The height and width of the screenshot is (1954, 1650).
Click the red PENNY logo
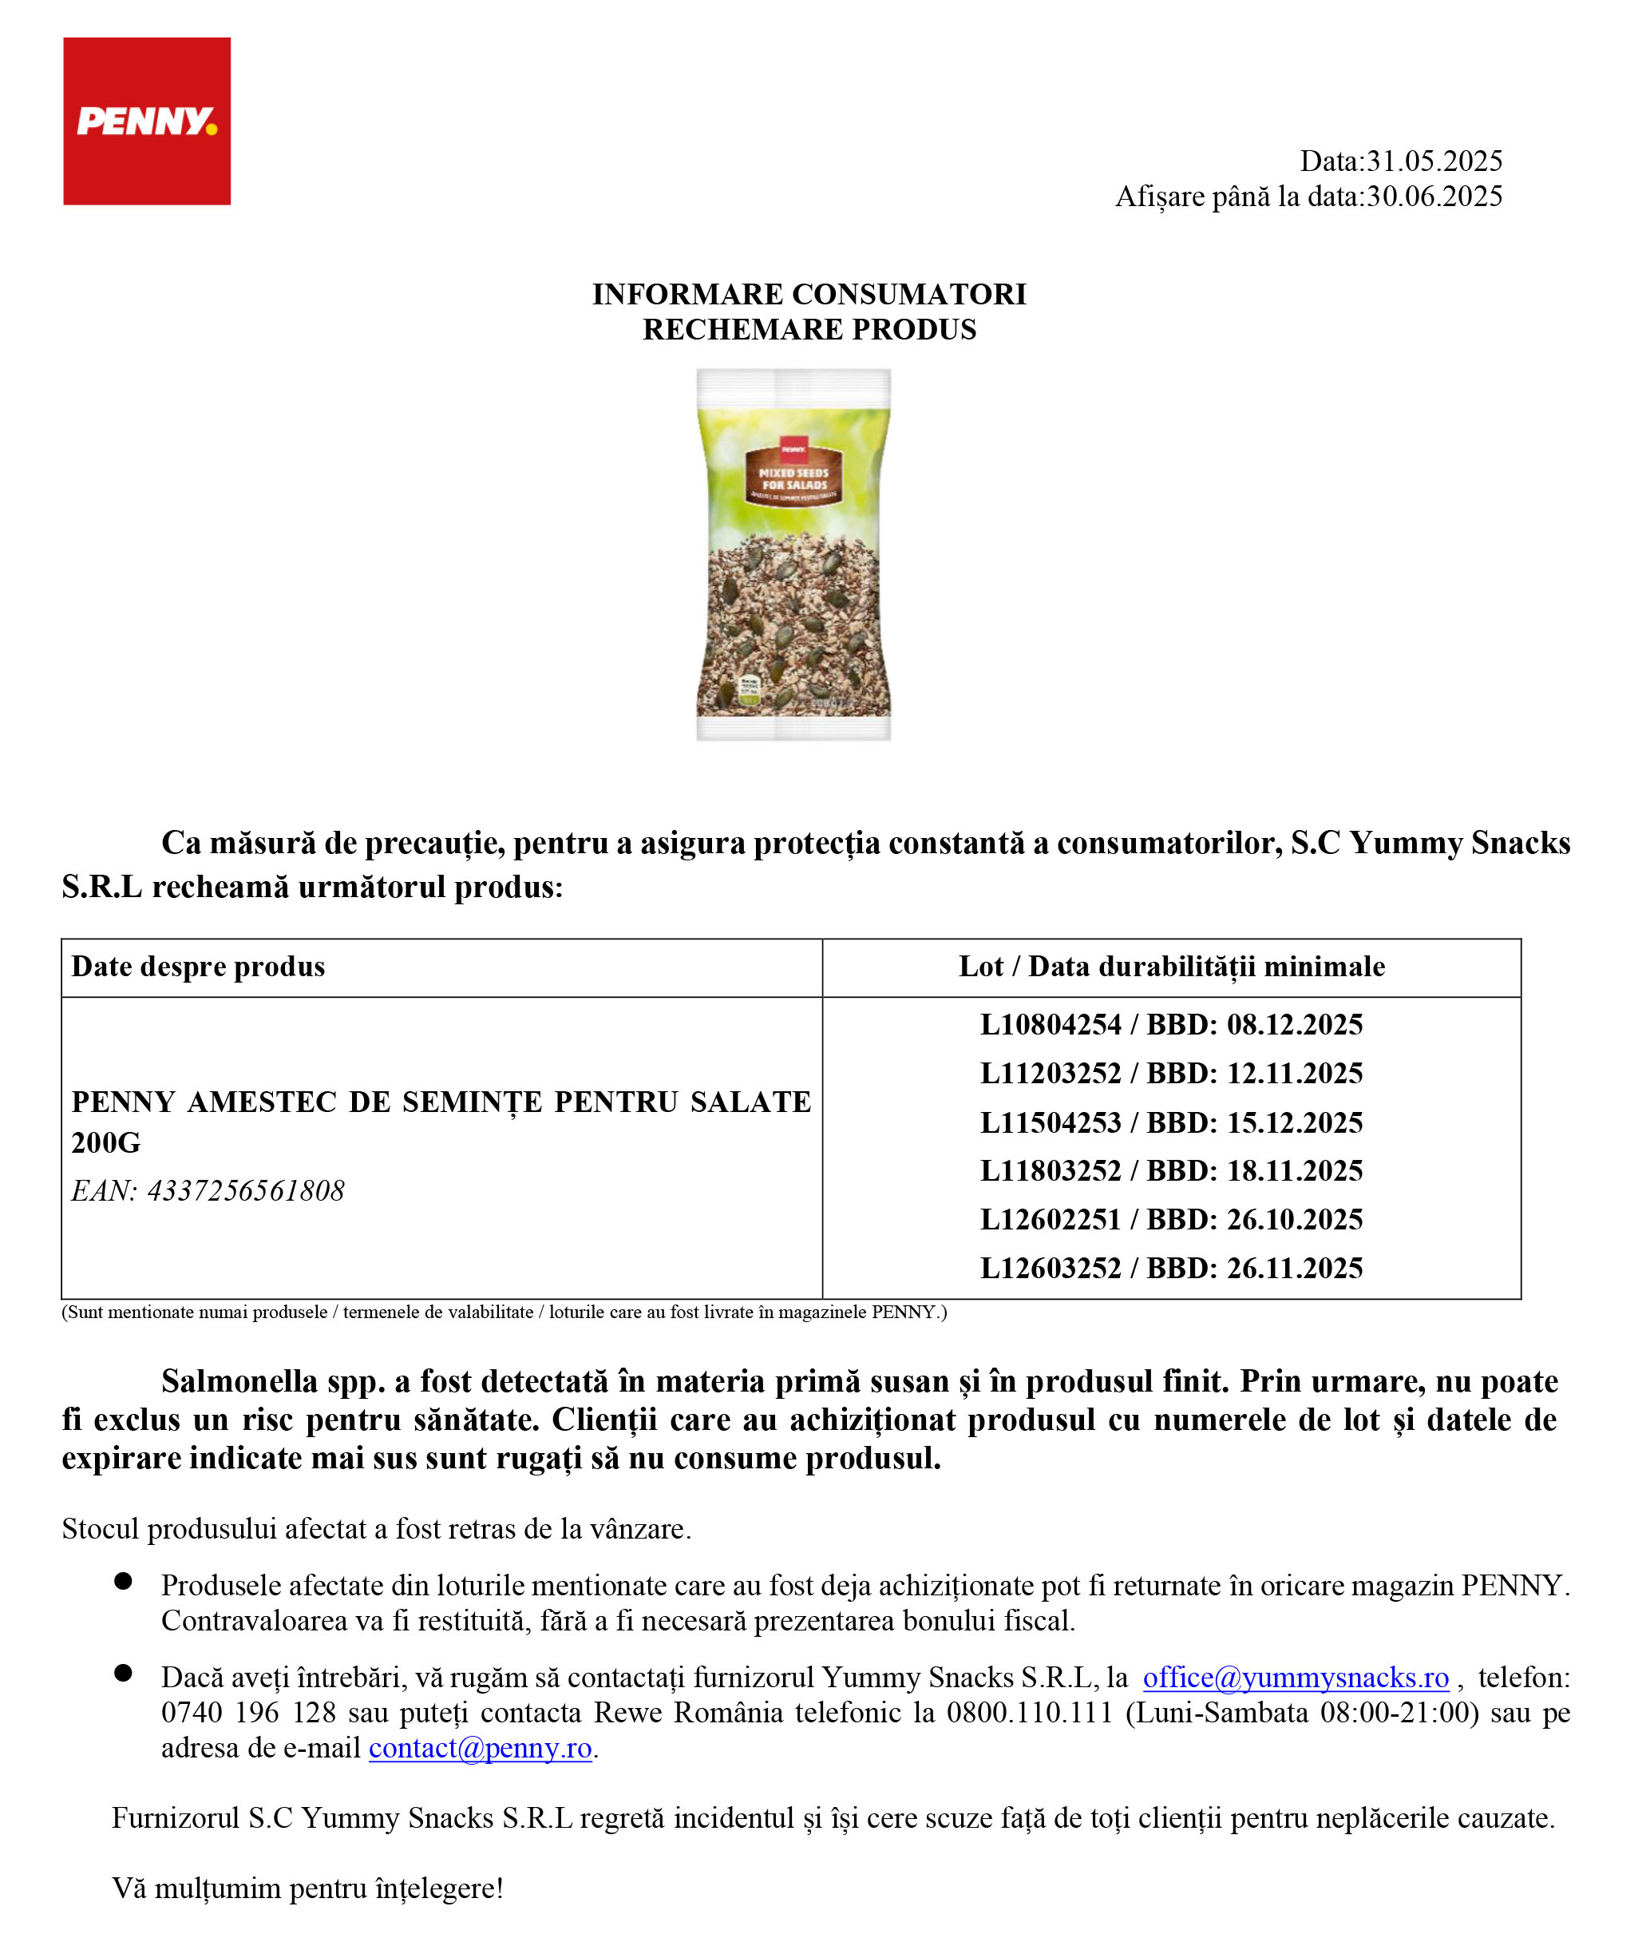pyautogui.click(x=147, y=121)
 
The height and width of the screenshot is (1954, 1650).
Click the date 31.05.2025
pyautogui.click(x=1434, y=161)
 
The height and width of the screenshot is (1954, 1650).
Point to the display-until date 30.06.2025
pyautogui.click(x=1434, y=197)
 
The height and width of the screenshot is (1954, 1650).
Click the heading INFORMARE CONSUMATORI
pyautogui.click(x=809, y=294)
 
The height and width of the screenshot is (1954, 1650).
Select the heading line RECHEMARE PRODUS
pyautogui.click(x=809, y=329)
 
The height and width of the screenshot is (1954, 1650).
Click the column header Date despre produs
pyautogui.click(x=198, y=967)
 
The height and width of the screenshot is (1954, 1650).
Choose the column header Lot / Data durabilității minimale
pyautogui.click(x=1171, y=967)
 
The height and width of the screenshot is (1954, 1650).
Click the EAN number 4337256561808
pyautogui.click(x=246, y=1190)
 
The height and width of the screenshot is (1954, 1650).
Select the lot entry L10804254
pyautogui.click(x=1050, y=1025)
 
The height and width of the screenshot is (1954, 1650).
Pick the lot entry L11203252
pyautogui.click(x=1050, y=1074)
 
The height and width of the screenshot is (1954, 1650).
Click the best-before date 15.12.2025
pyautogui.click(x=1295, y=1122)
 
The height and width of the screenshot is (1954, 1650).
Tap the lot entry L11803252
pyautogui.click(x=1050, y=1170)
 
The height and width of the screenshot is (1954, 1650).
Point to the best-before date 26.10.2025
pyautogui.click(x=1295, y=1219)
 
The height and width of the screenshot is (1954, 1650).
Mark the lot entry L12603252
pyautogui.click(x=1050, y=1268)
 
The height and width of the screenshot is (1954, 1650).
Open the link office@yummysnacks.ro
pyautogui.click(x=1296, y=1677)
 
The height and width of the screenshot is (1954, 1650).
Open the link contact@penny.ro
pyautogui.click(x=480, y=1747)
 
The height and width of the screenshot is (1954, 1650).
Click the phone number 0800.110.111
pyautogui.click(x=1029, y=1713)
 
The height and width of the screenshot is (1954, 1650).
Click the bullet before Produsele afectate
pyautogui.click(x=123, y=1581)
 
